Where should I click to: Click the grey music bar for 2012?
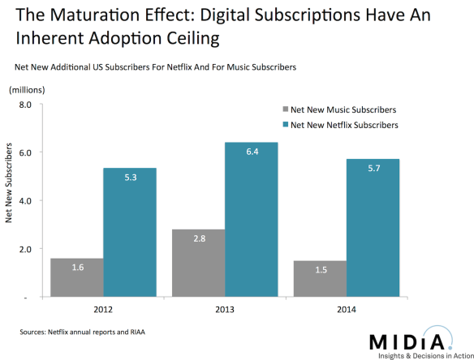76,278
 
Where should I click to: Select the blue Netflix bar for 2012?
130,233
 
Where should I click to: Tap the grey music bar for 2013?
198,264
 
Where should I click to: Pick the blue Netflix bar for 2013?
252,220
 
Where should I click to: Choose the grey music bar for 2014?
320,279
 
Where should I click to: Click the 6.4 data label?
252,152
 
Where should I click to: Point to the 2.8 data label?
198,239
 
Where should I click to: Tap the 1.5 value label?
320,271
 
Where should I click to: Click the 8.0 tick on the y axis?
24,105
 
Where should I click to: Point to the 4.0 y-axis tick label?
24,201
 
